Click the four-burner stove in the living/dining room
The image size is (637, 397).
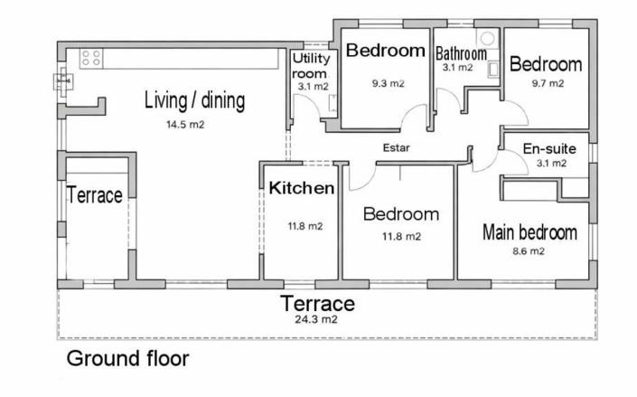tap(90, 59)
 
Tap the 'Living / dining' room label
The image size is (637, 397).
tap(194, 100)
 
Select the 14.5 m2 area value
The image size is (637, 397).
tap(184, 124)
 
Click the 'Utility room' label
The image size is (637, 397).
tap(313, 66)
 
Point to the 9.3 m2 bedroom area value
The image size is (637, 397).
tap(387, 83)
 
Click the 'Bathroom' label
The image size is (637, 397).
tap(461, 53)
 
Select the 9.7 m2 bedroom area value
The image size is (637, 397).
tap(546, 82)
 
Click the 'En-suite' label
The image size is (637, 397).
tap(545, 148)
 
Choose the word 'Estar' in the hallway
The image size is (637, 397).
tap(396, 147)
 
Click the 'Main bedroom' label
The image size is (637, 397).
tap(529, 232)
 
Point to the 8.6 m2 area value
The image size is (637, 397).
tap(529, 251)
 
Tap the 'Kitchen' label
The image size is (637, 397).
tap(302, 189)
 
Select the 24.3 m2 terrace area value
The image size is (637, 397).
tap(317, 319)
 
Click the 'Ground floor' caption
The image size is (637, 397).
tap(127, 359)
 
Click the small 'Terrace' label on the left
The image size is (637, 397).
tap(94, 195)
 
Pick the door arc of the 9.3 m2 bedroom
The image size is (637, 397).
tap(417, 118)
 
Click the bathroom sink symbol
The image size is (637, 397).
tap(493, 67)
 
